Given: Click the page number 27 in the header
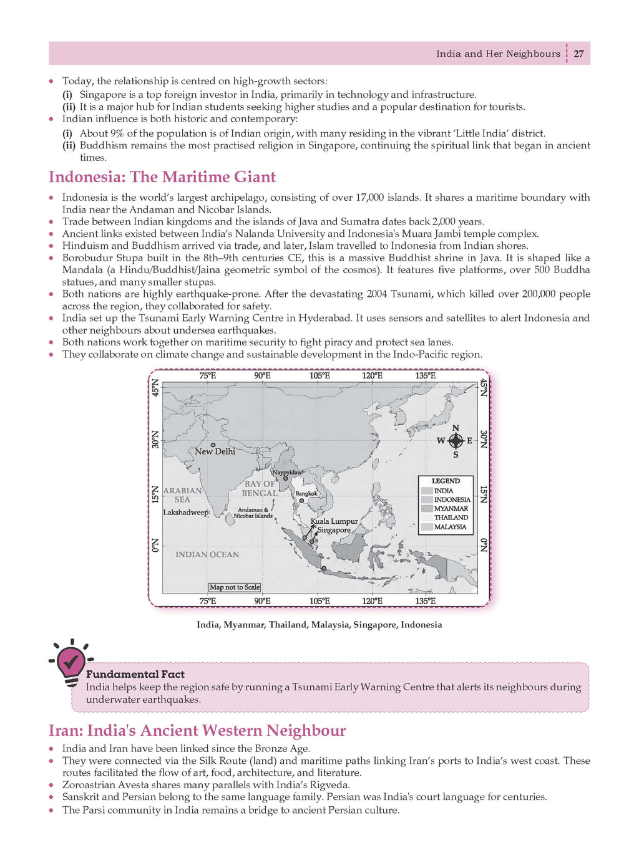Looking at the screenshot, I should click(x=578, y=54).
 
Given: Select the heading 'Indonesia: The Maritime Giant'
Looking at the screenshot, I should click(x=162, y=177).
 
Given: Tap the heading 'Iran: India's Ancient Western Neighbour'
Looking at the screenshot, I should click(x=197, y=730).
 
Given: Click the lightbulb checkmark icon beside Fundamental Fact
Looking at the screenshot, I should click(x=71, y=662).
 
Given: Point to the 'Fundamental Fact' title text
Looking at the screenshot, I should click(x=135, y=674).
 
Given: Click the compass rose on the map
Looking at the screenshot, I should click(x=456, y=441).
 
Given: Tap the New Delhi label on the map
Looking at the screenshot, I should click(x=215, y=451).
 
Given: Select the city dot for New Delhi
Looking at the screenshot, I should click(x=213, y=445).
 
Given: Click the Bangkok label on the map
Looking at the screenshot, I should click(x=306, y=493).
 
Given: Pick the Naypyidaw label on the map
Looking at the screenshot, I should click(x=287, y=473).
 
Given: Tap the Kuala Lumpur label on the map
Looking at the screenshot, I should click(x=334, y=521).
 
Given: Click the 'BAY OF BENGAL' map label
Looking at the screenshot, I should click(x=260, y=488).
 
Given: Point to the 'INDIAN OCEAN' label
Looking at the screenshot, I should click(x=207, y=554).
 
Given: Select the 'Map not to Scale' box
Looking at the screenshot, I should click(x=235, y=587).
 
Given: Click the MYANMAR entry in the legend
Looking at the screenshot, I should click(x=451, y=509).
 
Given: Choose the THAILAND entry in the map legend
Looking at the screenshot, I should click(x=451, y=518).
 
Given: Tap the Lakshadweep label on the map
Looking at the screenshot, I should click(x=186, y=513).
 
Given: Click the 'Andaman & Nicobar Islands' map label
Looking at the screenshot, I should click(x=253, y=513).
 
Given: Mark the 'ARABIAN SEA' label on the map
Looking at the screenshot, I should click(x=182, y=495).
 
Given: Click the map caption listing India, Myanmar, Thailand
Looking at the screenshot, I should click(x=319, y=625).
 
